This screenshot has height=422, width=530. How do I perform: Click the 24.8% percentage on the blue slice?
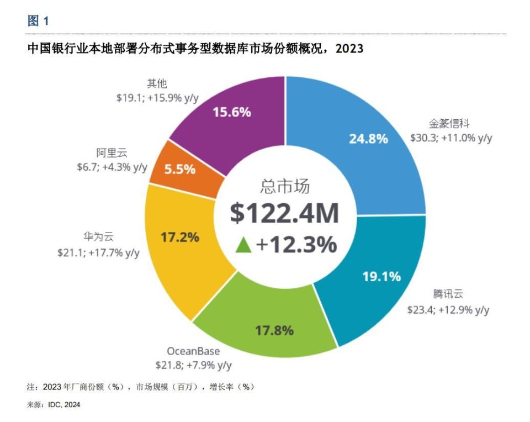(x=368, y=138)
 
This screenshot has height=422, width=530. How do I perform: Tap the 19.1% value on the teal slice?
(x=381, y=276)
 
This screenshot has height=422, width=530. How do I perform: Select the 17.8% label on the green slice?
(x=274, y=330)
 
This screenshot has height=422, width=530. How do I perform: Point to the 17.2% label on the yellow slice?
(x=179, y=238)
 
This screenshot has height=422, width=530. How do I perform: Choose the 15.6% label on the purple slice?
(x=232, y=112)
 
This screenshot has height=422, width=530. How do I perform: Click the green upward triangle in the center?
(x=243, y=244)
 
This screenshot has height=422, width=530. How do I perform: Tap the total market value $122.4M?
(x=284, y=214)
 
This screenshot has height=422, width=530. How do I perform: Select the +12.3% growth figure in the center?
(x=296, y=244)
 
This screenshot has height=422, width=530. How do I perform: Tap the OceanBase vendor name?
(x=193, y=351)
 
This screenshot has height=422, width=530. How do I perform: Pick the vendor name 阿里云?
(x=112, y=153)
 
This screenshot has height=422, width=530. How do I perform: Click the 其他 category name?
(x=157, y=83)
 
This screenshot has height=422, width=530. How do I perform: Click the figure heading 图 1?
(x=38, y=22)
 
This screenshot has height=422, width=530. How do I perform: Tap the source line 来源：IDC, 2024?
(x=54, y=404)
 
